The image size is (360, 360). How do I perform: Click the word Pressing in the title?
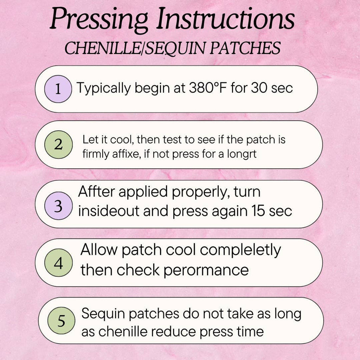tap(99, 20)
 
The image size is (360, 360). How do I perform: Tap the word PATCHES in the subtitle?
tap(245, 48)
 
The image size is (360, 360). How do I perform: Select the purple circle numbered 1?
tap(58, 89)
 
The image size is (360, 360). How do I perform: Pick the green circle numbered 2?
tap(58, 144)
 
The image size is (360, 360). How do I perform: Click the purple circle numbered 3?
tap(58, 206)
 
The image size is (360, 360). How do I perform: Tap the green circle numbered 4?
tap(58, 263)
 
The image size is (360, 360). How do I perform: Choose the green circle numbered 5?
tap(61, 321)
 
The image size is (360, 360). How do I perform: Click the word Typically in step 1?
tap(104, 89)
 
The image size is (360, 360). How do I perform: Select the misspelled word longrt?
tap(242, 154)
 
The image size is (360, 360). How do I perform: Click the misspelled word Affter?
tap(96, 192)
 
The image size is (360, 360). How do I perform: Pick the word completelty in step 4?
tap(240, 251)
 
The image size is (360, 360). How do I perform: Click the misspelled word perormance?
tap(206, 271)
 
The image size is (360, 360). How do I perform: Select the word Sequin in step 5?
tap(103, 314)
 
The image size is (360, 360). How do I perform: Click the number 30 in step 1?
tap(259, 88)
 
